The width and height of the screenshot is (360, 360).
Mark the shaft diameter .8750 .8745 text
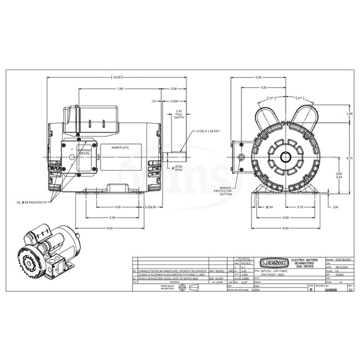coord(178,168)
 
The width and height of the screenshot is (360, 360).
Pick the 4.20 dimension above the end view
coord(264,88)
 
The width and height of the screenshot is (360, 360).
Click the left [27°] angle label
coord(254,98)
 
